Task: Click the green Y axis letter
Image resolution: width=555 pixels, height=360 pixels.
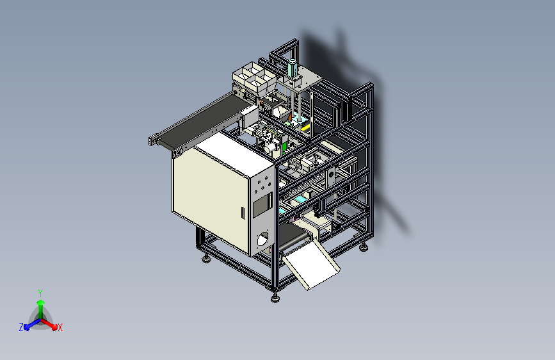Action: pyautogui.click(x=40, y=293)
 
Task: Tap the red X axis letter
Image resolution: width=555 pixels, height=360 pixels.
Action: pyautogui.click(x=60, y=327)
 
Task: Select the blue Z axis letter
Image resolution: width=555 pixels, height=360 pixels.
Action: pyautogui.click(x=21, y=327)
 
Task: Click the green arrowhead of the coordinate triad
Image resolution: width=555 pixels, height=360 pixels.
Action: pyautogui.click(x=41, y=302)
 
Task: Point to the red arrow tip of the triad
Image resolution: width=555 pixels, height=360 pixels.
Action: pyautogui.click(x=54, y=327)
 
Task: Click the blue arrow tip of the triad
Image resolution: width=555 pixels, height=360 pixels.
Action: pyautogui.click(x=26, y=327)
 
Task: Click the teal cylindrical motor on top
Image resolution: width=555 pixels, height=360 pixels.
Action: pyautogui.click(x=293, y=68)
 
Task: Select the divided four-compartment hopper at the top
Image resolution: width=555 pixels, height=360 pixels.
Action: pyautogui.click(x=254, y=79)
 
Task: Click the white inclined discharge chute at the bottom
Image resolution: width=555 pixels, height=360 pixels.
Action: pyautogui.click(x=311, y=264)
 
